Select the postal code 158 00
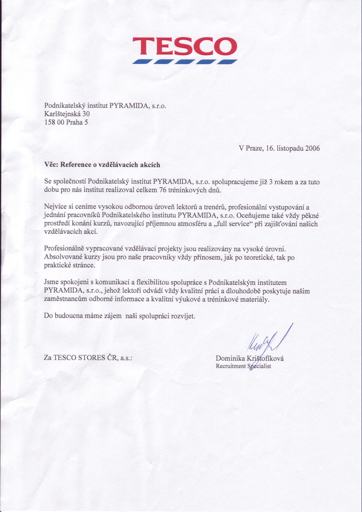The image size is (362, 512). click(x=54, y=122)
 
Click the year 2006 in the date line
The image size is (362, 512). click(x=312, y=148)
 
